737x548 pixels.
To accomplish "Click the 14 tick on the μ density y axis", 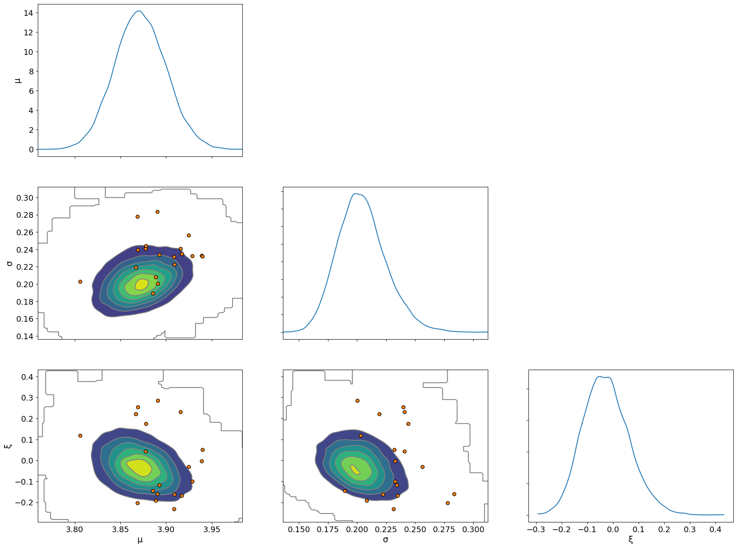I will pyautogui.click(x=28, y=13).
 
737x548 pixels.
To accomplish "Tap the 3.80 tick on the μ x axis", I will pyautogui.click(x=75, y=529).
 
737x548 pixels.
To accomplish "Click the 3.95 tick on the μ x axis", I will pyautogui.click(x=212, y=529).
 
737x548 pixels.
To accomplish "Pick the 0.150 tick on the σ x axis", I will pyautogui.click(x=299, y=529).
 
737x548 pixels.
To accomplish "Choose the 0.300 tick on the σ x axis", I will pyautogui.click(x=473, y=529).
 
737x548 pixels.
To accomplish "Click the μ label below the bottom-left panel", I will pyautogui.click(x=140, y=540).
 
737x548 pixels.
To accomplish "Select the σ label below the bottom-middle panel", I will pyautogui.click(x=385, y=540).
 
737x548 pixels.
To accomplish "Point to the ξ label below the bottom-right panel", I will pyautogui.click(x=630, y=540).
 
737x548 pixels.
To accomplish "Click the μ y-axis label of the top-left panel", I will pyautogui.click(x=17, y=80).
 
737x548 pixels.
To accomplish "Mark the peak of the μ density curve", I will pyautogui.click(x=139, y=11).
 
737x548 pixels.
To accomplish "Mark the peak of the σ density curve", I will pyautogui.click(x=355, y=194).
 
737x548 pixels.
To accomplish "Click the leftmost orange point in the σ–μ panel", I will pyautogui.click(x=80, y=282).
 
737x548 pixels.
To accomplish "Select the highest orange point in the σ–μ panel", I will pyautogui.click(x=157, y=212).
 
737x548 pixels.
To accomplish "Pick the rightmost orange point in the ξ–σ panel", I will pyautogui.click(x=454, y=494).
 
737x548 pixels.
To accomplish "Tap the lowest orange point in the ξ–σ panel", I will pyautogui.click(x=394, y=509).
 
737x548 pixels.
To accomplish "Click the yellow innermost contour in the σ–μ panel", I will pyautogui.click(x=141, y=284).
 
